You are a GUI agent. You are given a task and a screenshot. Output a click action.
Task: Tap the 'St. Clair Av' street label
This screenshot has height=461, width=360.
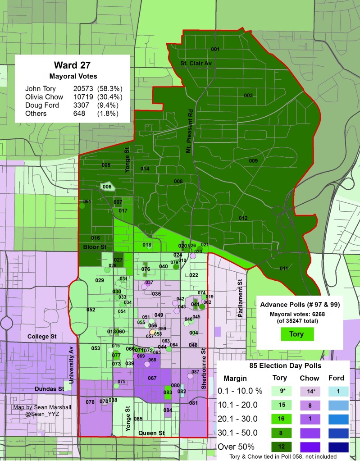(196, 63)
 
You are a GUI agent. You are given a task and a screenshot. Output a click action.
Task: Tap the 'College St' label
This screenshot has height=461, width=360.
(41, 336)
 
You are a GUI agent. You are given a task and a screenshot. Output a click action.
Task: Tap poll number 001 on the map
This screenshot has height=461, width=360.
(215, 49)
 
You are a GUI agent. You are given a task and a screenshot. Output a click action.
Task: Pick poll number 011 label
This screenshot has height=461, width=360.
(283, 269)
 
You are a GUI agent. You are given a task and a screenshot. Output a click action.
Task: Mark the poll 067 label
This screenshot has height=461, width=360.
(152, 378)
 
